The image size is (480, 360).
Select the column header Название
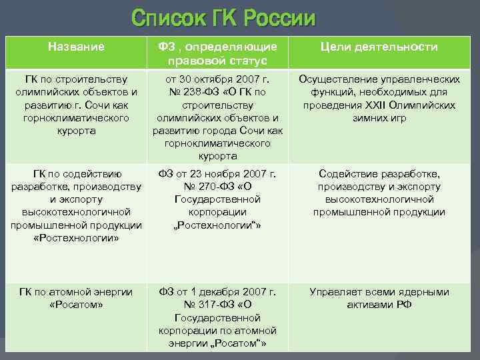pos(76,47)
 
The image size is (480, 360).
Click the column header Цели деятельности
pos(379,47)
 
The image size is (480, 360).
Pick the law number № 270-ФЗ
pos(193,187)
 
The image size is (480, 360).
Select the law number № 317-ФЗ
pos(193,305)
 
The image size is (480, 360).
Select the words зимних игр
pos(379,118)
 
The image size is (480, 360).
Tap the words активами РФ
pos(379,305)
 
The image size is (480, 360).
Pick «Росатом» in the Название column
pos(76,305)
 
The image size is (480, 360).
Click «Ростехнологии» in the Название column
pos(76,238)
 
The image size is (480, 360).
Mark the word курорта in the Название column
pos(76,131)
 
